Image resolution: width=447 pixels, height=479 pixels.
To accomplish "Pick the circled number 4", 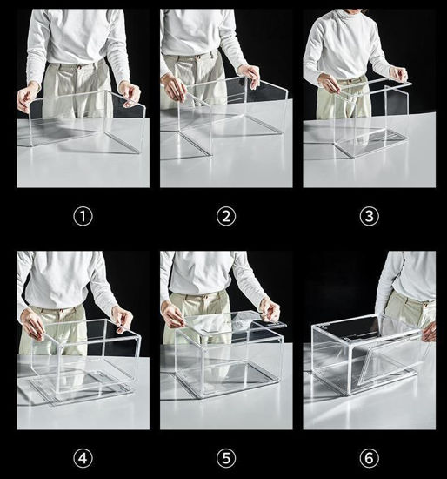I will click(x=83, y=456).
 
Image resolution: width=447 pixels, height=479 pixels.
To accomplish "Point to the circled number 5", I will click(x=225, y=456).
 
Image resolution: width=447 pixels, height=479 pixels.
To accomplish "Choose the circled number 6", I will click(x=368, y=456).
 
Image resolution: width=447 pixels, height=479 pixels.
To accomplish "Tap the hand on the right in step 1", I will click(x=130, y=93).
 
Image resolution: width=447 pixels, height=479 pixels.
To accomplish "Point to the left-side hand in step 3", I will click(x=329, y=83).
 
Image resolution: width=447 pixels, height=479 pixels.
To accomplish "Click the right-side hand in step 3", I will click(x=397, y=74).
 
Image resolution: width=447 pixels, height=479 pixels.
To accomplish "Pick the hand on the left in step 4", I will click(x=33, y=325).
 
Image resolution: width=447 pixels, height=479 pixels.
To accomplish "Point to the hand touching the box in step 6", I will click(x=428, y=331).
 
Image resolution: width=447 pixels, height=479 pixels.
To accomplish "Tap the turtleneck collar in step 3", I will click(x=352, y=15).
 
